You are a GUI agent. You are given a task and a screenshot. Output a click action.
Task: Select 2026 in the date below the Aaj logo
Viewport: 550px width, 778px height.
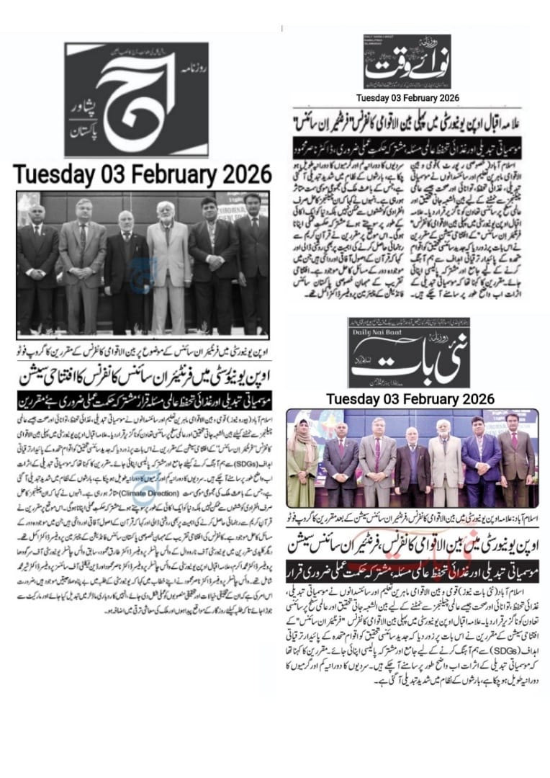pos(242,175)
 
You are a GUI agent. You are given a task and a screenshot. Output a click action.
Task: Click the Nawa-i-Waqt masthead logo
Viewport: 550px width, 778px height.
pos(407,63)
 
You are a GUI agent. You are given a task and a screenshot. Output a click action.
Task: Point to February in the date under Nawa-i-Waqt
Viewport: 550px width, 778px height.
pos(421,97)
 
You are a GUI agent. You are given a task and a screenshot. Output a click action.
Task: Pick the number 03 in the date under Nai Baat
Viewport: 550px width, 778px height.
pos(393,398)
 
